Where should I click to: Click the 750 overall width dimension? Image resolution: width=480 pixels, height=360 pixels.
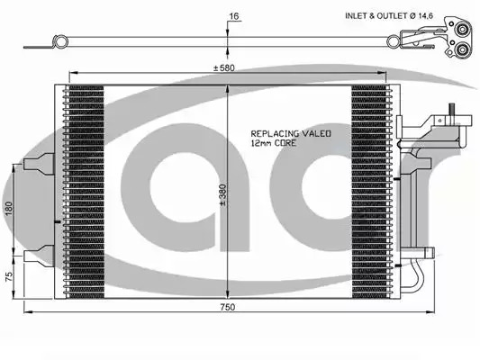(x=228, y=307)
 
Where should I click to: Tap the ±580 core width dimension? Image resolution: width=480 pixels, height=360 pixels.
(x=223, y=67)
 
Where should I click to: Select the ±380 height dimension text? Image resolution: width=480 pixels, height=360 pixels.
(x=222, y=194)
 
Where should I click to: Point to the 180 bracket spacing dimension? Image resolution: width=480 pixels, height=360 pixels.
(x=9, y=208)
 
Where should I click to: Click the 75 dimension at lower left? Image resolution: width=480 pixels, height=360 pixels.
(x=10, y=276)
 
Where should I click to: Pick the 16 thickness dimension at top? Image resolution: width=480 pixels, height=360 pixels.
(x=234, y=16)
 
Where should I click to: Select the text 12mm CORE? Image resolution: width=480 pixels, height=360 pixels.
(x=274, y=143)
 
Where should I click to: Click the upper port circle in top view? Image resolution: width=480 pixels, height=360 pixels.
(x=461, y=30)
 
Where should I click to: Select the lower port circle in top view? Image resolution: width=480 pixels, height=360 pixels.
(x=461, y=49)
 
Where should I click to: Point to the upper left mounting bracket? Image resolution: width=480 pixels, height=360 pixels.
(x=40, y=164)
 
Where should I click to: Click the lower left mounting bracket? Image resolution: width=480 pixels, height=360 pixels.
(x=40, y=256)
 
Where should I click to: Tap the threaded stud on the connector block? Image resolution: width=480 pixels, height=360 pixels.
(x=451, y=109)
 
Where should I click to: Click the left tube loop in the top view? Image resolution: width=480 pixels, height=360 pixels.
(x=59, y=42)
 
